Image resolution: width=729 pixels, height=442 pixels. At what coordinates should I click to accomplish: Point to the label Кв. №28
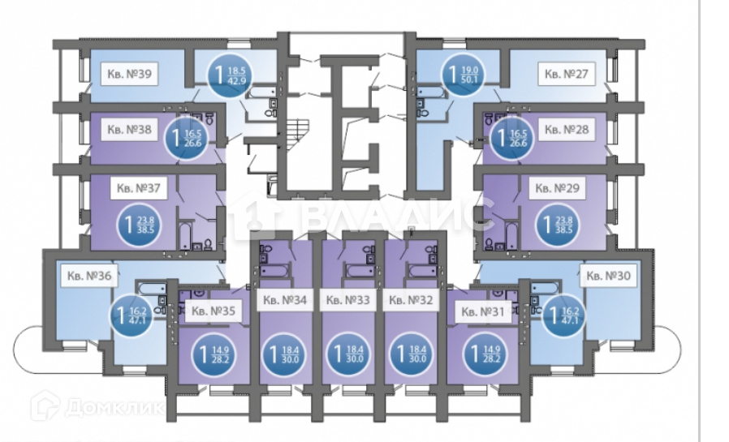click(x=565, y=130)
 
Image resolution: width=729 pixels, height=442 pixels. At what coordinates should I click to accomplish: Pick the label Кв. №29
click(x=556, y=189)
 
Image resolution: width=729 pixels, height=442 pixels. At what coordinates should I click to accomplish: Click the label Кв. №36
click(x=86, y=276)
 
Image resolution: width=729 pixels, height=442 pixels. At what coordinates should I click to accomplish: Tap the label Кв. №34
click(x=283, y=299)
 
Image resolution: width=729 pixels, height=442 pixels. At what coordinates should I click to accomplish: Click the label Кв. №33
click(x=347, y=299)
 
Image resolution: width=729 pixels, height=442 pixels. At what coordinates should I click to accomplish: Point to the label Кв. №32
click(x=410, y=299)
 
